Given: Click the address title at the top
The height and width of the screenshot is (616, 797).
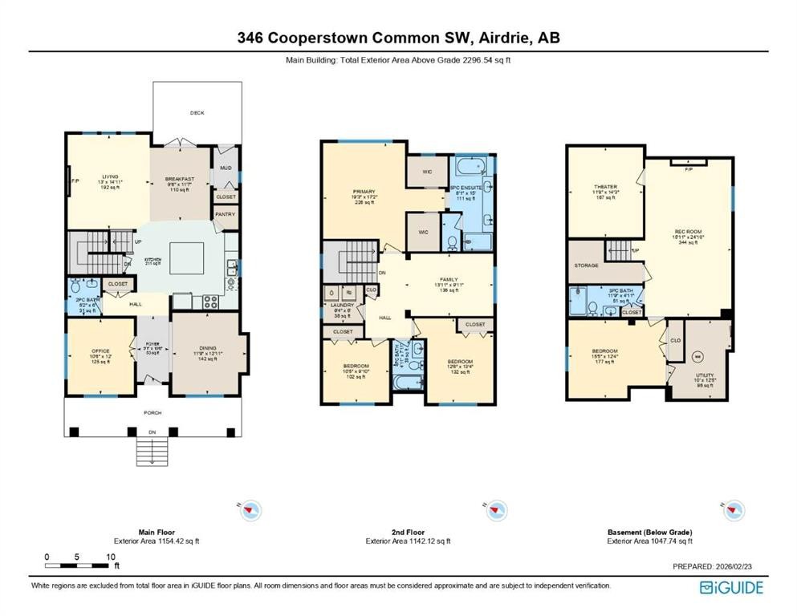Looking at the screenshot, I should (398, 37).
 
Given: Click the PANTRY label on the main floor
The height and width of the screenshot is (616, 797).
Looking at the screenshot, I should (224, 214).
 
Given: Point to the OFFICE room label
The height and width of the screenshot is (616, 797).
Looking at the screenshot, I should (100, 350).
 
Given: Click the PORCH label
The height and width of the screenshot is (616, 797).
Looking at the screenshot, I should (152, 412).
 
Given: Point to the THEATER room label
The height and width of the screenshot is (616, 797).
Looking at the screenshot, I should (605, 187).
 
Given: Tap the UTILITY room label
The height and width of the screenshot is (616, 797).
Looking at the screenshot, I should (705, 375).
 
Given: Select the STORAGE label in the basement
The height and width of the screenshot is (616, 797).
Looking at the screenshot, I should (587, 265).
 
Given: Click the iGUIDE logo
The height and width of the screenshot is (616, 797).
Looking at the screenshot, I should (731, 587).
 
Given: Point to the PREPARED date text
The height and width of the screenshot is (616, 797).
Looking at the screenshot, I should (718, 566).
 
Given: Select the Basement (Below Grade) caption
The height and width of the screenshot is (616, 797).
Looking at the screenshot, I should (649, 532).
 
